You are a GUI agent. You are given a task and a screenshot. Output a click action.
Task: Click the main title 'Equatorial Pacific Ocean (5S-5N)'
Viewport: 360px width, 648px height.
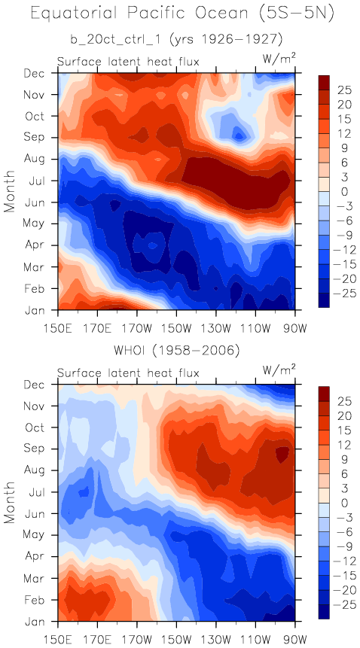coord(182,14)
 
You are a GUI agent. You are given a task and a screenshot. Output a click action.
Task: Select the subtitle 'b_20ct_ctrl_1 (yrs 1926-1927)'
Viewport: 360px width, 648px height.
coord(176,40)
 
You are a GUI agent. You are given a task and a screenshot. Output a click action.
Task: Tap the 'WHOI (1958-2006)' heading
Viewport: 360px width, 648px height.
coord(176,351)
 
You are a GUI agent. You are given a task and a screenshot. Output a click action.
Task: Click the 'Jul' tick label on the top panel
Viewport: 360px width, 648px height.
coord(44,181)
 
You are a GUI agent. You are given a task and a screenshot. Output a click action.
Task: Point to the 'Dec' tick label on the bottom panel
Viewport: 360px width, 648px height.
coord(43,385)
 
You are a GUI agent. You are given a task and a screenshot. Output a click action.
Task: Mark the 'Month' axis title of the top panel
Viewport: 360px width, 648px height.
coord(10,191)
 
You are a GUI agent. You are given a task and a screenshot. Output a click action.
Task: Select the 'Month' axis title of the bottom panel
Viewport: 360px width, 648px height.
coord(10,503)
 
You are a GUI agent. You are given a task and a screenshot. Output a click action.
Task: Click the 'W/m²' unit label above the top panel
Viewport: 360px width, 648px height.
coord(279,59)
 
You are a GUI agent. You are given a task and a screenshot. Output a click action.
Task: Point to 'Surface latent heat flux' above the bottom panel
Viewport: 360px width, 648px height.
coord(128,373)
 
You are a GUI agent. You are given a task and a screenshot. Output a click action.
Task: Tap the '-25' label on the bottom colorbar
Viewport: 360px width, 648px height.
coord(337,607)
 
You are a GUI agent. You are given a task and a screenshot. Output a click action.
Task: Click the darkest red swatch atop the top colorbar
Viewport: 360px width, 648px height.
coord(324,82)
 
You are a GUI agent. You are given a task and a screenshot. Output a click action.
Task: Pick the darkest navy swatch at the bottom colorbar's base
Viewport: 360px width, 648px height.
coord(324,612)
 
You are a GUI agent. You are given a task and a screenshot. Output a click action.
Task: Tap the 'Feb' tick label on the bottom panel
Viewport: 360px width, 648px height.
coord(44,599)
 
